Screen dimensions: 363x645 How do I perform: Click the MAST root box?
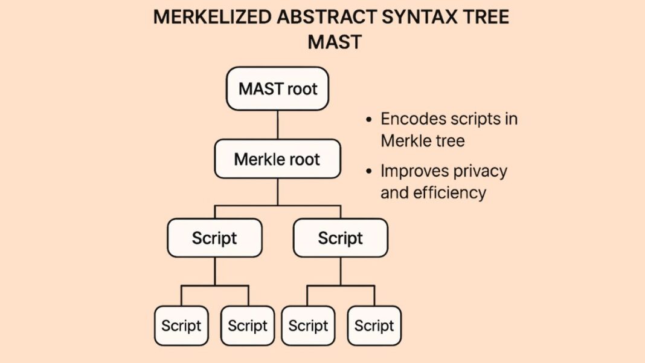[x=278, y=89]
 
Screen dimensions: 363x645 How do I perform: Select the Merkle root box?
[x=277, y=159]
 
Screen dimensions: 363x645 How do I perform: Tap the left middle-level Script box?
[x=214, y=238]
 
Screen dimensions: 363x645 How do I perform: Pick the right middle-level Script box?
[x=341, y=238]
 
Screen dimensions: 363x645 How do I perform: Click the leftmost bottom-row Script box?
[x=181, y=325]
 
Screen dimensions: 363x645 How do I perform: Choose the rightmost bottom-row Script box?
[x=374, y=325]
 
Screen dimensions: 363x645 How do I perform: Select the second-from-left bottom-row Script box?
[x=248, y=325]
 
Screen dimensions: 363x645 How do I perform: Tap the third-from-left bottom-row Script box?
[x=308, y=325]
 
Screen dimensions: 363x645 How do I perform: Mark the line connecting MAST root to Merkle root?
[x=278, y=125]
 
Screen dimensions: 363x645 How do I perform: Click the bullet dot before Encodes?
[x=370, y=120]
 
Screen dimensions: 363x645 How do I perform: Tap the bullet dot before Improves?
[x=370, y=172]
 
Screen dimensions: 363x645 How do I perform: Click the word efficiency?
[x=449, y=192]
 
